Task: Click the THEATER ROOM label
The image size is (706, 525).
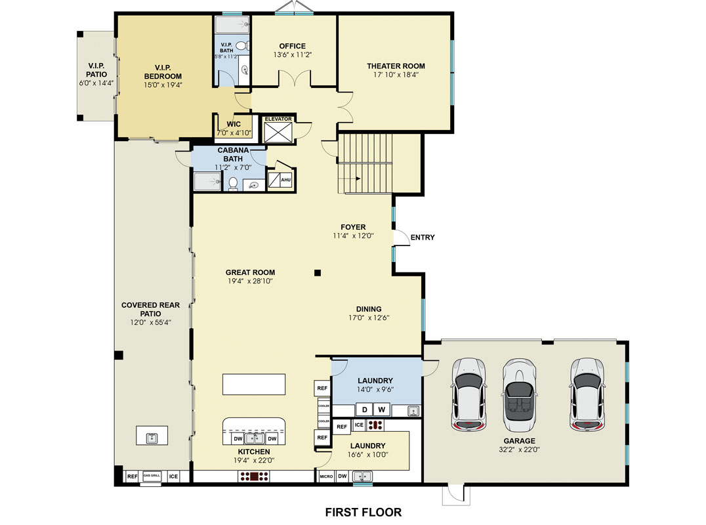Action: click(396, 66)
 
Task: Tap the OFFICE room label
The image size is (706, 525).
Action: click(292, 46)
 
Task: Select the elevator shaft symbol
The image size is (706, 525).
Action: click(278, 133)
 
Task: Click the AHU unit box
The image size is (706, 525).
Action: click(285, 180)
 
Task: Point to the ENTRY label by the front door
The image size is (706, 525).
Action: click(423, 238)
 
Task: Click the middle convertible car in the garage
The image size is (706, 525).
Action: click(519, 395)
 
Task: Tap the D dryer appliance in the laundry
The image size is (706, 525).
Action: click(365, 409)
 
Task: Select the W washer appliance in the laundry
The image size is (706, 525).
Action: click(382, 409)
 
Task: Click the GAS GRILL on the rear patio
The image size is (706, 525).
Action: click(152, 476)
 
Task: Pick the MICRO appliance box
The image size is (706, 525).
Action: click(326, 476)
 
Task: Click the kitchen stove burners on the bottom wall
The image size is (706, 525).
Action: click(254, 476)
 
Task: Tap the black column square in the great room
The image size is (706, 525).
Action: click(318, 272)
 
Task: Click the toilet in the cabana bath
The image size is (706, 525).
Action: click(233, 184)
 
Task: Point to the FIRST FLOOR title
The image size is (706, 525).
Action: click(363, 513)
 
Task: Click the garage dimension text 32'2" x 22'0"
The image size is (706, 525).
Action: click(519, 449)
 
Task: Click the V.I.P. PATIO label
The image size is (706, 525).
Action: click(96, 70)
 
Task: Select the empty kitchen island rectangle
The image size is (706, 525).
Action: click(254, 384)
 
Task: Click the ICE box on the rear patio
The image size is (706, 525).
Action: click(173, 476)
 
